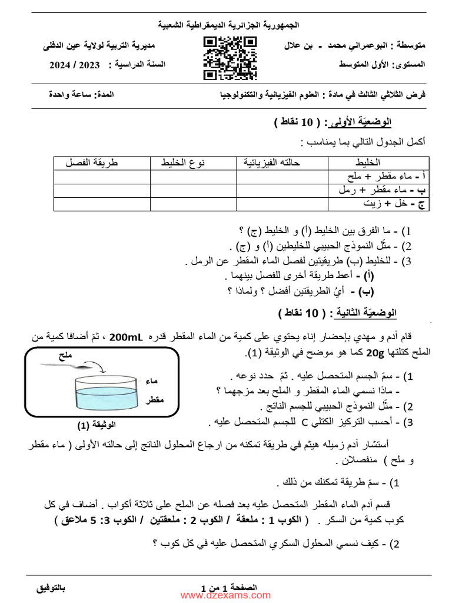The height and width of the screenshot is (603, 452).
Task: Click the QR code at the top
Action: (x=230, y=58)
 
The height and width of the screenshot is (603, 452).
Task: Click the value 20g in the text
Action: (x=374, y=352)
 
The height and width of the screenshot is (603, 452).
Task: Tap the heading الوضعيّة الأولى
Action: (x=361, y=122)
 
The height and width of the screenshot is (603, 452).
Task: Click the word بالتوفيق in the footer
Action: (x=51, y=588)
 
